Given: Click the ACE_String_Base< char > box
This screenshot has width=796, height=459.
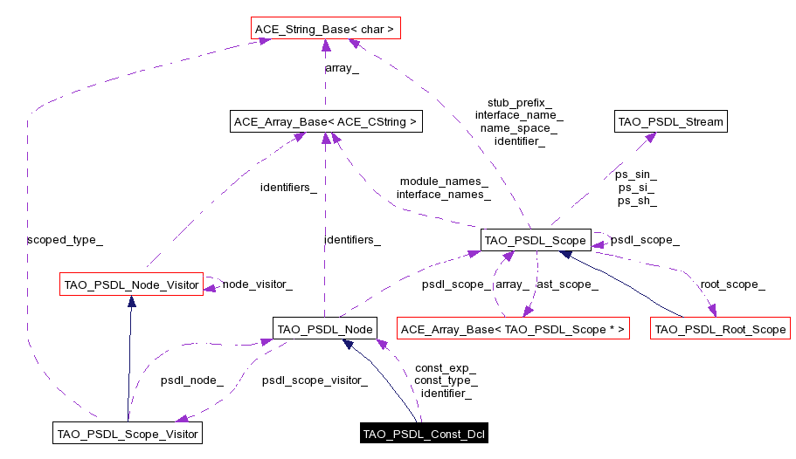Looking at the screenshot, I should click(324, 30).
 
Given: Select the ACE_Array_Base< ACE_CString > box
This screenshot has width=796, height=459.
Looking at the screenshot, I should click(325, 122).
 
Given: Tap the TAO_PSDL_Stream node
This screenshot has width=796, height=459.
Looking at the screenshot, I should click(670, 121).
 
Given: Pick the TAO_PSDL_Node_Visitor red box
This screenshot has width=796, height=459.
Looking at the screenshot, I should click(131, 284).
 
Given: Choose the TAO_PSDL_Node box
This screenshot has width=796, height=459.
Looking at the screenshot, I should click(324, 329).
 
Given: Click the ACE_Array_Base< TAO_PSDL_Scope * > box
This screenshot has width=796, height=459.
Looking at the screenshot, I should click(513, 329).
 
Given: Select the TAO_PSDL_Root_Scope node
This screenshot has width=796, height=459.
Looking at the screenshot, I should click(720, 329).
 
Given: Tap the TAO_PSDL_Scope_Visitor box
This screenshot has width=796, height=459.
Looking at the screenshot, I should click(127, 433).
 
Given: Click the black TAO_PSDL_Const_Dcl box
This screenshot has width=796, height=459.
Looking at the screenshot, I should click(424, 434).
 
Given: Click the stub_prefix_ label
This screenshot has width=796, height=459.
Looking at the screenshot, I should click(519, 102).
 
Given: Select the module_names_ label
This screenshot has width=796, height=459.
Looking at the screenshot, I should click(443, 182).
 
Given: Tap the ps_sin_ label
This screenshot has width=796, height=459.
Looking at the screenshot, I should click(636, 175).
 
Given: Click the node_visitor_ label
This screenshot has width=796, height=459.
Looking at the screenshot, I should click(257, 284).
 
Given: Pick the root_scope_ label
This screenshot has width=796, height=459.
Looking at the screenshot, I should click(732, 284).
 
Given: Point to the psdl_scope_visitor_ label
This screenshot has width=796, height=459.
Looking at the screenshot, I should click(314, 380).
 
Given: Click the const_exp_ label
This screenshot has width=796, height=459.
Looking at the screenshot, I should click(445, 368).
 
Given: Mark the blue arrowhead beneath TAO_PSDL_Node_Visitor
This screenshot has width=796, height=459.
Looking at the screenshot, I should click(131, 302).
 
